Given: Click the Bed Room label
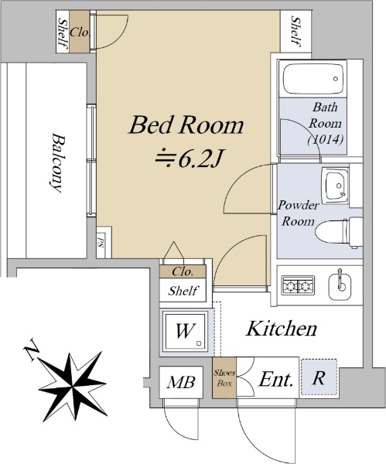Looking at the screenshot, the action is (x=186, y=125).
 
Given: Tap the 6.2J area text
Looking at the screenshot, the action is (x=189, y=159).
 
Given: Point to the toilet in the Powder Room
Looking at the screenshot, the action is (x=339, y=233).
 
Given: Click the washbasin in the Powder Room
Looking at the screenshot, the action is (x=335, y=186).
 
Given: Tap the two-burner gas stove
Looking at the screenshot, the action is (x=298, y=285).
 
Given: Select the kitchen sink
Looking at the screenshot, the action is (x=340, y=284).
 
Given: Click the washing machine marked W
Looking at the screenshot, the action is (x=186, y=332).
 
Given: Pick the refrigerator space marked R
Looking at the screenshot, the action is (x=319, y=377).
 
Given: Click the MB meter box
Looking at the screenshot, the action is (x=181, y=382).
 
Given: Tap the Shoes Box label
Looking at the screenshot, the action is (x=224, y=378).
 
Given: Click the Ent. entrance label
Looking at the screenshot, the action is (x=276, y=380).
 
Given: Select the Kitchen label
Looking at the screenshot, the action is (x=282, y=329).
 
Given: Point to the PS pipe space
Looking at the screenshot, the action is (x=101, y=242).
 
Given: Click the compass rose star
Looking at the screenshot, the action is (x=73, y=386).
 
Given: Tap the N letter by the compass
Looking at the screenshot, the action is (x=32, y=350).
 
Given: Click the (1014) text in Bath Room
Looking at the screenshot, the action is (x=326, y=139).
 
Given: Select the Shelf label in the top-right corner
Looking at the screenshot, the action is (x=295, y=32).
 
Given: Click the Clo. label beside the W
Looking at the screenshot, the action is (x=183, y=271).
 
